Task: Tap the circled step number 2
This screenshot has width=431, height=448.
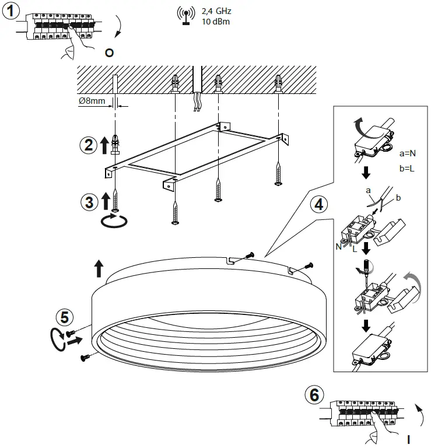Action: (x=89, y=145)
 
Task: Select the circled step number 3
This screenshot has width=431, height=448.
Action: (x=89, y=201)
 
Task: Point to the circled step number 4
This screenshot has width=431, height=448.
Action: (x=318, y=205)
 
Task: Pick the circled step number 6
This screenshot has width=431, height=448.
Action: (x=314, y=395)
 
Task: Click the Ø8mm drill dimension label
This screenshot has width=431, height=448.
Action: (x=92, y=101)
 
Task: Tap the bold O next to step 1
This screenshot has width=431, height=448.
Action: (x=109, y=53)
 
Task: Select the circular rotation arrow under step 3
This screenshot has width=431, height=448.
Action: (x=114, y=221)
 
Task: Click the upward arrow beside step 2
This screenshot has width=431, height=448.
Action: (x=104, y=145)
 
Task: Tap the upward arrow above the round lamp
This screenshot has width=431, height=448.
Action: (x=99, y=269)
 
